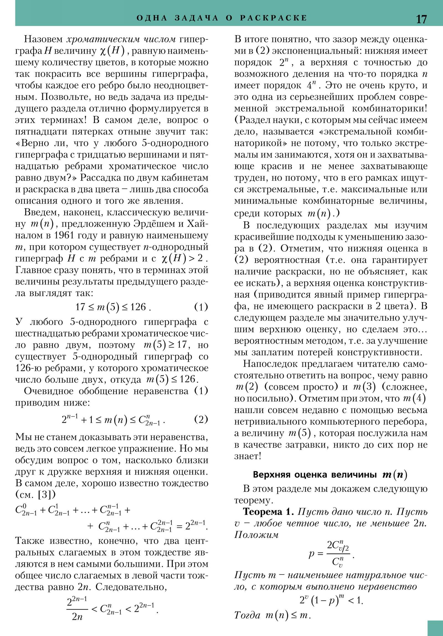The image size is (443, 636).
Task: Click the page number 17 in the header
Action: [421, 19]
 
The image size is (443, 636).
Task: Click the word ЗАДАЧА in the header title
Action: [197, 18]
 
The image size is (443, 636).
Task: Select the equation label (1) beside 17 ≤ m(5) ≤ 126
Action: [201, 307]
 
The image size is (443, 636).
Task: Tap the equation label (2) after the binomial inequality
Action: [201, 419]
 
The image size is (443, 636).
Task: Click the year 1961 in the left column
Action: [64, 235]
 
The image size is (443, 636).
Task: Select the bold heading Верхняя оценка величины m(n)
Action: [330, 475]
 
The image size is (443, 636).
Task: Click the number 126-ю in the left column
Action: [28, 368]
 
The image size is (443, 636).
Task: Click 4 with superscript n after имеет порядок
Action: [311, 85]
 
